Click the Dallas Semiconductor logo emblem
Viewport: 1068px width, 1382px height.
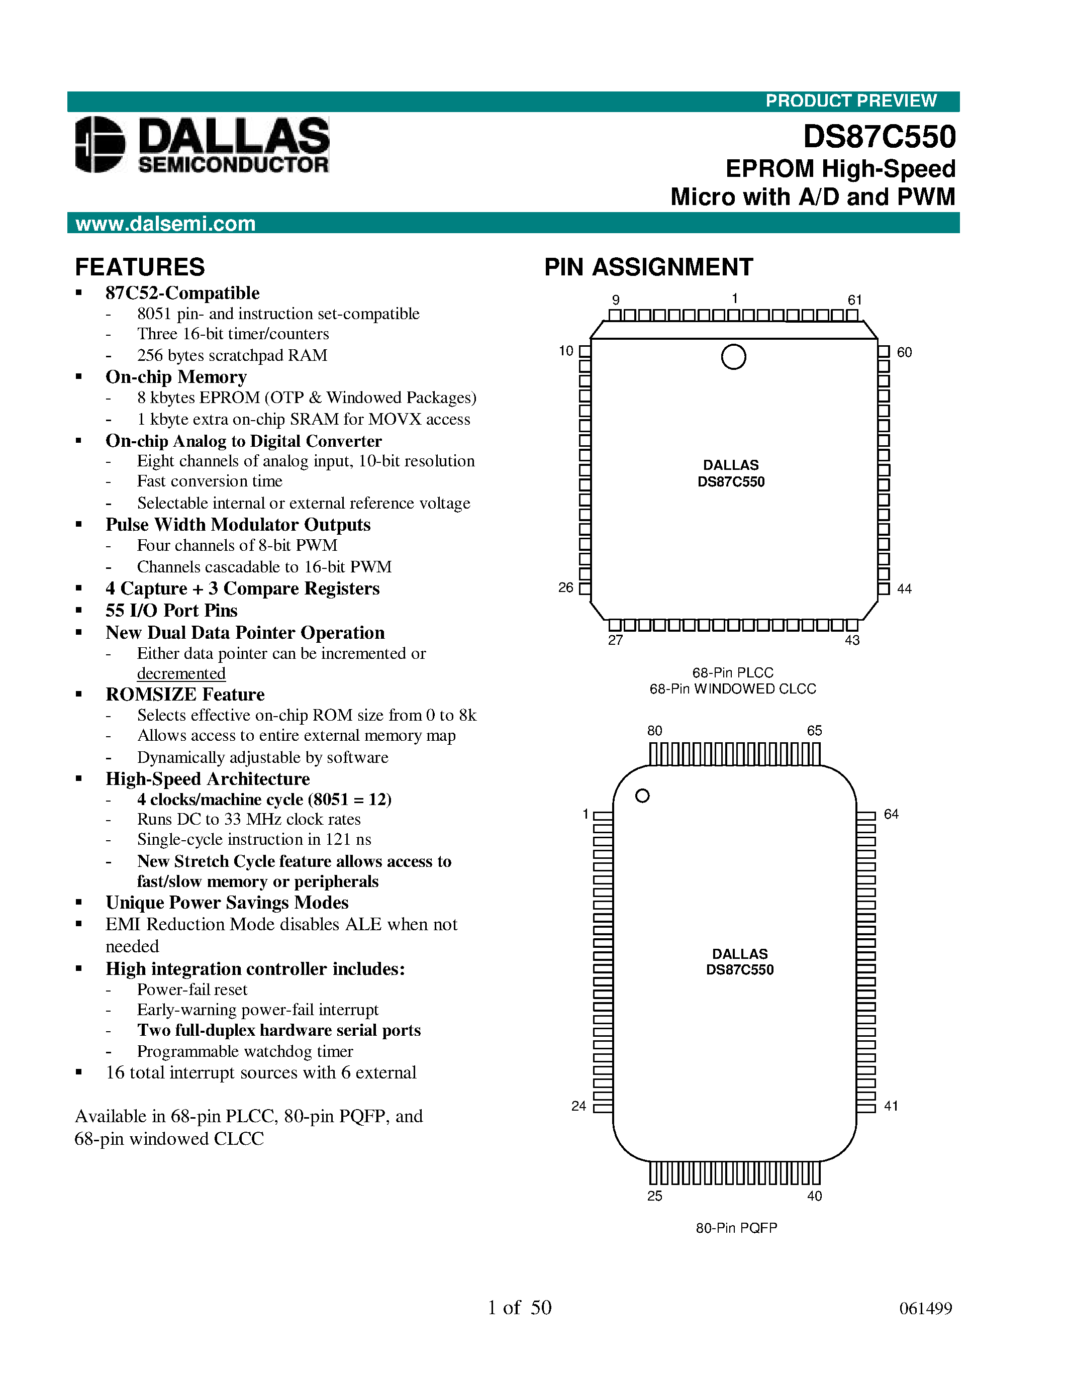pos(100,144)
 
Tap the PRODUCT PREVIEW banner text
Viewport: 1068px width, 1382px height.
pos(850,101)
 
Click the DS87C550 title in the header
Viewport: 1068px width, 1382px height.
pos(879,137)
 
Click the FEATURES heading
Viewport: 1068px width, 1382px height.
pos(140,267)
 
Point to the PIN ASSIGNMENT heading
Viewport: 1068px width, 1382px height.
pos(648,267)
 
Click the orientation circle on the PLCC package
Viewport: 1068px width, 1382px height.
pos(733,357)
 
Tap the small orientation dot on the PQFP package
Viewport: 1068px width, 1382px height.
pos(642,796)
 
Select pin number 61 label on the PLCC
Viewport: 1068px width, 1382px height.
pos(855,300)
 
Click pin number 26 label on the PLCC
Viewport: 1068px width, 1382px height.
pos(565,588)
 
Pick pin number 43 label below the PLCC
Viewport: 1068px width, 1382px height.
pos(852,640)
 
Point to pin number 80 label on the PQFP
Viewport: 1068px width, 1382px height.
pos(655,731)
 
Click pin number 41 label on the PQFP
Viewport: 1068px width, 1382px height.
pos(891,1106)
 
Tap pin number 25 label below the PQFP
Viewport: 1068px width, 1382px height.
pos(655,1196)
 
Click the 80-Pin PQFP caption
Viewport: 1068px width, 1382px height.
pos(736,1228)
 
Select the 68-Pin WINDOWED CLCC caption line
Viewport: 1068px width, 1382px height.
pos(733,689)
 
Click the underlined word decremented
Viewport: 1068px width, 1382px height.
pos(181,673)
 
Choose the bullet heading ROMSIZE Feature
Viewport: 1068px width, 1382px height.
pos(185,695)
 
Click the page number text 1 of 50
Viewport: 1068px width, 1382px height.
pos(520,1307)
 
